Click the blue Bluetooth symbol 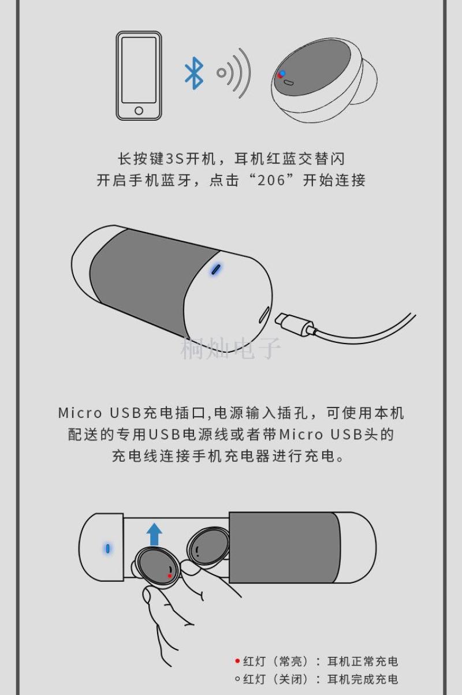pos(194,73)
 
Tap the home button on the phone pos(139,110)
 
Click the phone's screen pos(139,70)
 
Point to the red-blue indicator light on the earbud pos(281,74)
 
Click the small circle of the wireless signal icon pos(221,73)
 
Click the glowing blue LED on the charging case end pos(215,269)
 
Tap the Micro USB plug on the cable pos(295,324)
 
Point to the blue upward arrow pos(154,535)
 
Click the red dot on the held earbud pos(170,576)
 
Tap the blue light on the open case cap pos(108,548)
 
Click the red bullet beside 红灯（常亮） pos(237,662)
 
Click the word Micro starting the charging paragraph pos(80,413)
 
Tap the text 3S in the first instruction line pos(176,159)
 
